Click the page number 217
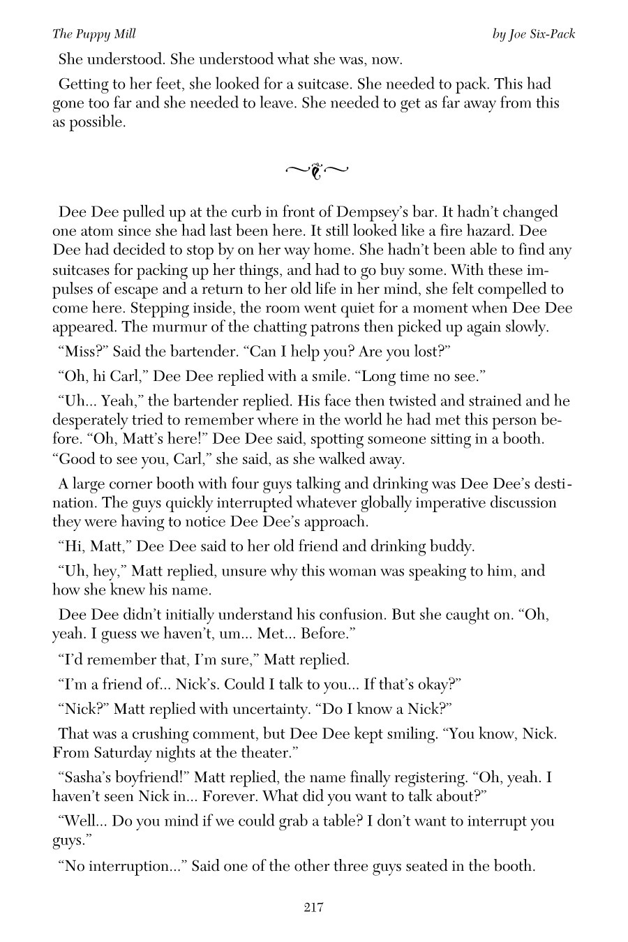(313, 907)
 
